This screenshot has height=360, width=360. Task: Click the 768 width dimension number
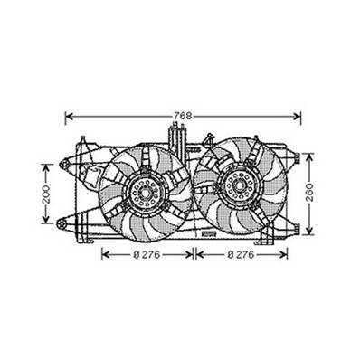pos(182,114)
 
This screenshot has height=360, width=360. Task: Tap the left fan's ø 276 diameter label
pos(147,255)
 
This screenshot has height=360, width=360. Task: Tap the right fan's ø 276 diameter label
pos(242,255)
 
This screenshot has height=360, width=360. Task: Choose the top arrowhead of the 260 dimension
pos(310,156)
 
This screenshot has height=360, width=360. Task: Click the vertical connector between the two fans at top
pos(178,139)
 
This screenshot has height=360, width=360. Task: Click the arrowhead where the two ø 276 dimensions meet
pos(194,255)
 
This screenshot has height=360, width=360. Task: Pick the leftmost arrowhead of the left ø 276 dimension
pos(102,255)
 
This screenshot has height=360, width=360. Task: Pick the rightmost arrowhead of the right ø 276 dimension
pos(287,255)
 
